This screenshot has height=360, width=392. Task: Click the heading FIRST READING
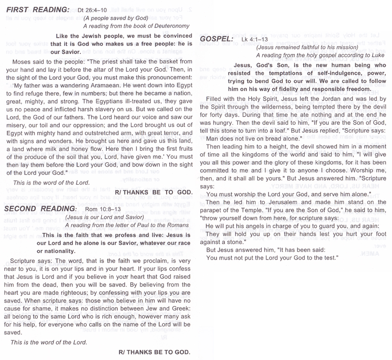pyautogui.click(x=37, y=9)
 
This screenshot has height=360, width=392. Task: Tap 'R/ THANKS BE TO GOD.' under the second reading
pyautogui.click(x=155, y=352)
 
